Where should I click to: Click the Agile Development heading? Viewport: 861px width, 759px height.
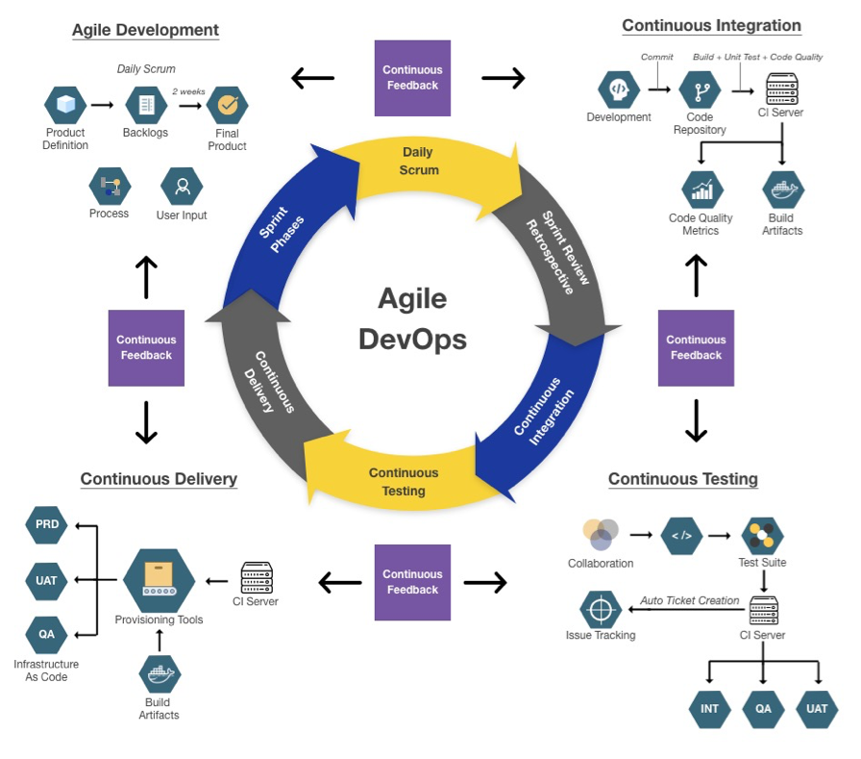pos(145,30)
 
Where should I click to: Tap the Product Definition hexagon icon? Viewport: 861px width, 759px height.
pos(65,104)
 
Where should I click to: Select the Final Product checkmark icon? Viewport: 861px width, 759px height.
pos(227,104)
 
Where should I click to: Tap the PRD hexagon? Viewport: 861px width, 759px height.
pos(47,525)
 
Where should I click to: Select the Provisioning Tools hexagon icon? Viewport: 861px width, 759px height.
pos(159,580)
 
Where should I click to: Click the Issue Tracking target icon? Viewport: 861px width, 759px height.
pos(601,610)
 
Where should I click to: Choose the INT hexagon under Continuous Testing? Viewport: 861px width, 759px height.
pos(709,709)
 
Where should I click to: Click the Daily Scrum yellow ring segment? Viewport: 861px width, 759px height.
pos(418,161)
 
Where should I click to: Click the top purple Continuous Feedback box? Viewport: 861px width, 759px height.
pos(412,78)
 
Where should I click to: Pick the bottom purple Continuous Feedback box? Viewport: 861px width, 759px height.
pos(412,582)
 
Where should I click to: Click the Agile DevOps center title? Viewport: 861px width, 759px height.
pos(412,318)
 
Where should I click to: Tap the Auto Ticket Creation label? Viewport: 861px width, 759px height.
pos(690,600)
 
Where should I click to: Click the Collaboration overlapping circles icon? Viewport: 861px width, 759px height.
pos(600,535)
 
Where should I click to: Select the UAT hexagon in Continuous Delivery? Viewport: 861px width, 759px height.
pos(47,580)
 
